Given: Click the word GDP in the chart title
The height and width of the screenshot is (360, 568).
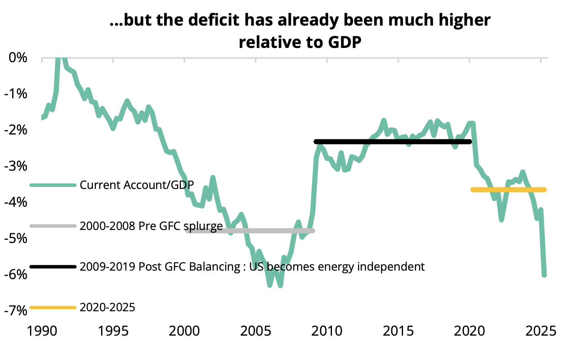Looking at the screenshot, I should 345,42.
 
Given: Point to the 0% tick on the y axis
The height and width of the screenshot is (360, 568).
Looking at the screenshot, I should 18,58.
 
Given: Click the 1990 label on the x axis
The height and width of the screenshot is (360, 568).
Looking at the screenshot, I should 42,331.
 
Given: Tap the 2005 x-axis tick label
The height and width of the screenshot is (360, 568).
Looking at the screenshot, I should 256,331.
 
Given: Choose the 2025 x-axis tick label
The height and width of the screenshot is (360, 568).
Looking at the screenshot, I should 540,331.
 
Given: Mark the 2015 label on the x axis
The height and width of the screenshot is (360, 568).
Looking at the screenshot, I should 398,331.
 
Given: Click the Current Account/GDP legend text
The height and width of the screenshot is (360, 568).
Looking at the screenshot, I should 137,185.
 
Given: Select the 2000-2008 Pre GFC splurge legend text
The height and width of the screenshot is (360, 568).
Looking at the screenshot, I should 151,226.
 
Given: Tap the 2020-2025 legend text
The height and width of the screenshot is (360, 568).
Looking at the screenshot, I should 107,308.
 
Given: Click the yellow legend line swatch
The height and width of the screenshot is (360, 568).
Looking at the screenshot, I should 53,308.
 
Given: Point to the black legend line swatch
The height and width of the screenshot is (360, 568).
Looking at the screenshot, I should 53,267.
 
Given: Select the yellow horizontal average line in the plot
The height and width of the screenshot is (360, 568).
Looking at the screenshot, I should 508,190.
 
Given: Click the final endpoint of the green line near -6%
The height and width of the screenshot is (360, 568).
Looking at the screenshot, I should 544,275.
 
